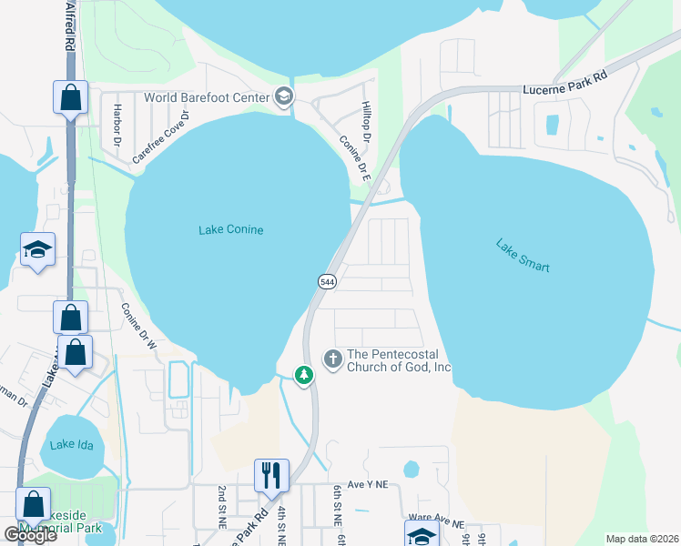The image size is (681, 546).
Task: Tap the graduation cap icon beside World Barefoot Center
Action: [283, 97]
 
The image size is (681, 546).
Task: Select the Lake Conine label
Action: [231, 230]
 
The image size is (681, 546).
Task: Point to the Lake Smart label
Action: [523, 256]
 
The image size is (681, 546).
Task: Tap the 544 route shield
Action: [327, 281]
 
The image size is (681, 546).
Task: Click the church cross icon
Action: [333, 359]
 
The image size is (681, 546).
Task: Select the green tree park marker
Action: [303, 374]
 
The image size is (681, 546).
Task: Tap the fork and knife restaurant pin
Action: [271, 475]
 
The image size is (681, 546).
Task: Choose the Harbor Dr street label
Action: [117, 128]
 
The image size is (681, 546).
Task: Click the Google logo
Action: [30, 534]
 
